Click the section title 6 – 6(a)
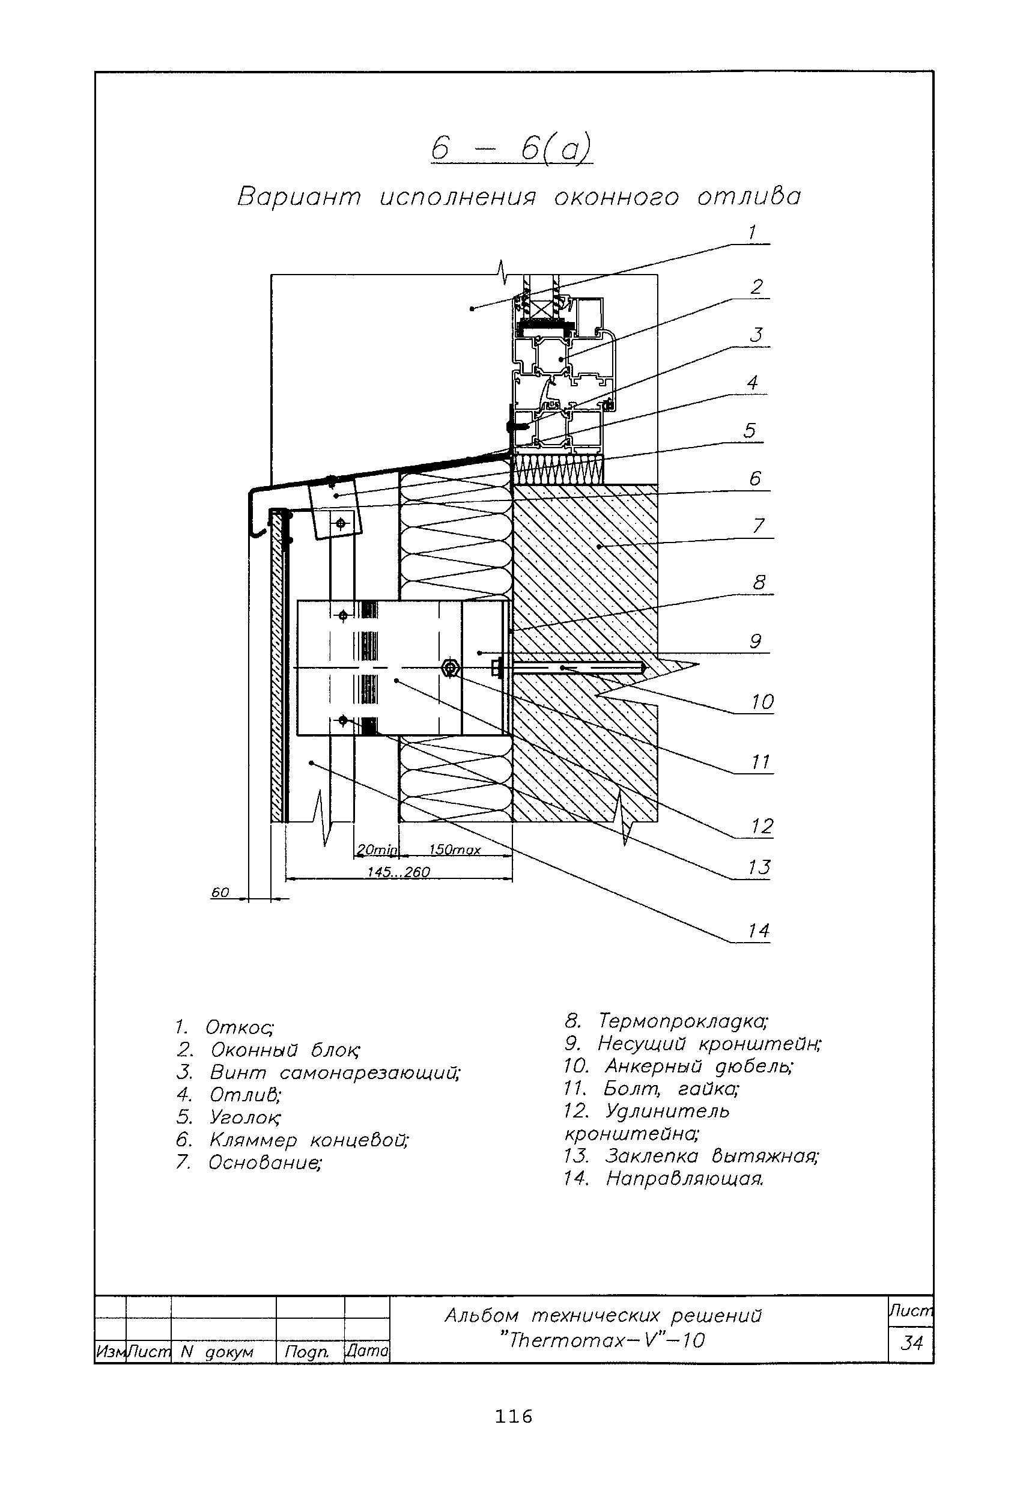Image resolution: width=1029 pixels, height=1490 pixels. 511,149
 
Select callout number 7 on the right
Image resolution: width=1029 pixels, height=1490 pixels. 758,526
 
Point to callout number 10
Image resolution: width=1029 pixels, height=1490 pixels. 762,702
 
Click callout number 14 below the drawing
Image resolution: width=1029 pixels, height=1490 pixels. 759,931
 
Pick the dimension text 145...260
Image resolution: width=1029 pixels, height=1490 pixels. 398,872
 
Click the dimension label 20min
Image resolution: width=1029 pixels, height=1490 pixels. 377,850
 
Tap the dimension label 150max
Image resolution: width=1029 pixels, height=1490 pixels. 455,850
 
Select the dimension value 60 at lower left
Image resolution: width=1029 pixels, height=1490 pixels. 220,893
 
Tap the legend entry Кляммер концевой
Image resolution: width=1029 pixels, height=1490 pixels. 292,1140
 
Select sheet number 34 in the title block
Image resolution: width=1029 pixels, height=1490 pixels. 911,1343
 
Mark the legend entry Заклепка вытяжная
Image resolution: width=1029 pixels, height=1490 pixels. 691,1156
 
